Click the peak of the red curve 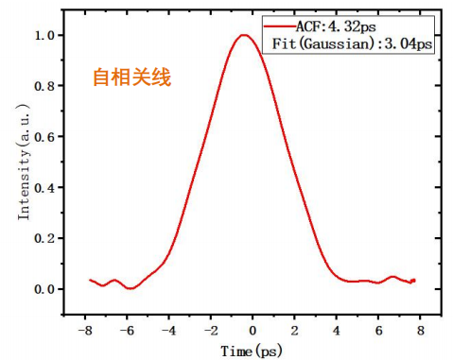pos(244,36)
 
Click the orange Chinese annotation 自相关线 pos(131,78)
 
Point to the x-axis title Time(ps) pos(251,351)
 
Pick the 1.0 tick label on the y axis pos(45,36)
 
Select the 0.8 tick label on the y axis pos(45,86)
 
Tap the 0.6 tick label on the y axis pos(45,137)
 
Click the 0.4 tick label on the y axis pos(45,188)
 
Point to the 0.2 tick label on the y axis pos(45,238)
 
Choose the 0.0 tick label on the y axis pos(45,289)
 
